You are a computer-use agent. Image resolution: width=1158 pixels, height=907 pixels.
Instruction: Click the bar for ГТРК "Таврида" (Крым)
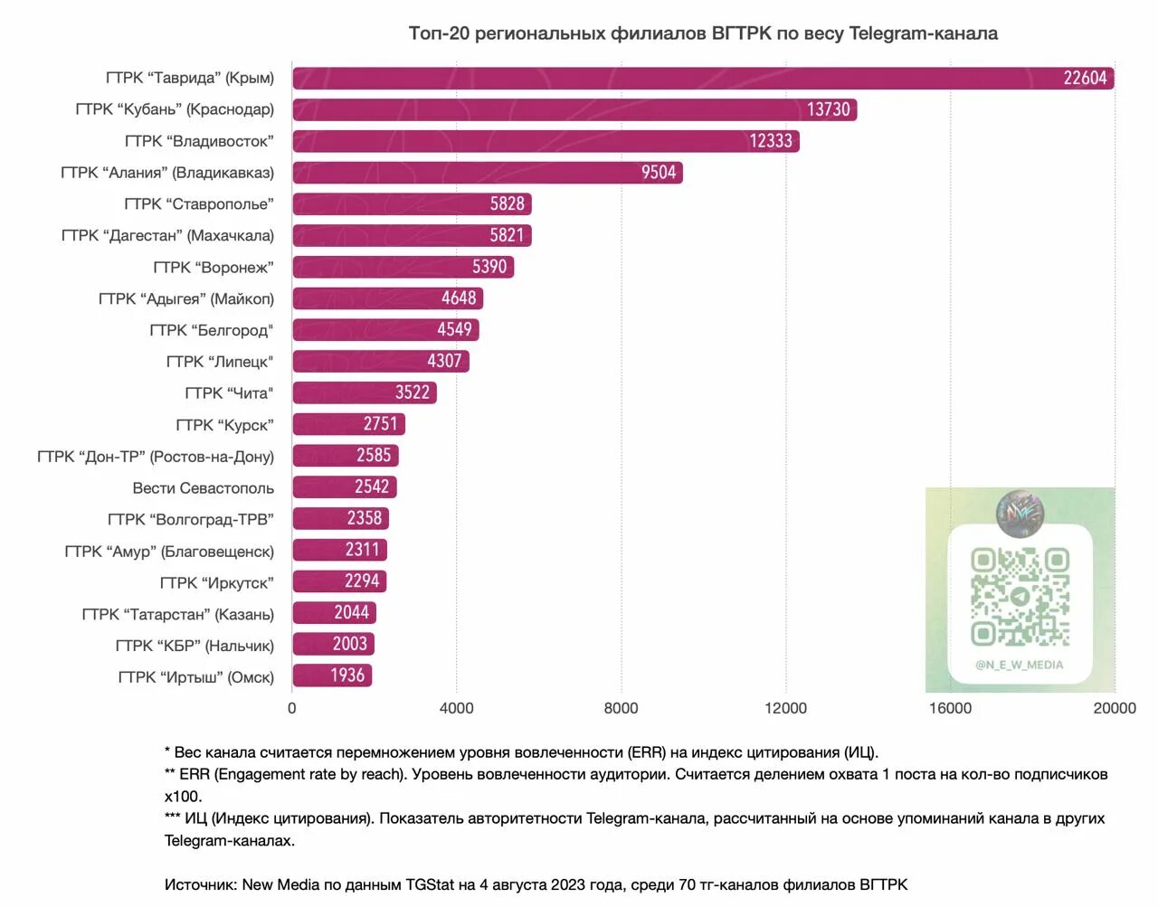click(x=702, y=79)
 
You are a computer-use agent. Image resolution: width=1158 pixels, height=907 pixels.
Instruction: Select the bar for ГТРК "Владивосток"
click(x=546, y=141)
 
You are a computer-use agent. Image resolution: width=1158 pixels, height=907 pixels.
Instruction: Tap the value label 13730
click(x=828, y=109)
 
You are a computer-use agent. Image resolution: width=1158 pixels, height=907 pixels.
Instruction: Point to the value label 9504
click(x=659, y=173)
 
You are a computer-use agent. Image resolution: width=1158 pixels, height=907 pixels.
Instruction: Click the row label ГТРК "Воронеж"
click(x=213, y=268)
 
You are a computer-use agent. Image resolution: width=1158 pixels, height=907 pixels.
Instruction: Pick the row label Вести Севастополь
click(x=203, y=488)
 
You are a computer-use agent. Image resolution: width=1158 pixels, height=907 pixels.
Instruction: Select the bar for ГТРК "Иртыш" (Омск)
click(x=331, y=676)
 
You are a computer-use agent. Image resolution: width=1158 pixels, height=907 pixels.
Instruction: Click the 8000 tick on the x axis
click(x=621, y=708)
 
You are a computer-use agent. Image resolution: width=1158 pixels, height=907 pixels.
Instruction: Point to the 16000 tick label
click(x=950, y=708)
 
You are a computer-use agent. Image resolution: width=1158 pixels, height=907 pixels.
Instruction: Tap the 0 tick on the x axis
click(x=291, y=708)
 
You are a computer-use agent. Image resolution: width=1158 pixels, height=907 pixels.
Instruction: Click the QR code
click(x=1020, y=597)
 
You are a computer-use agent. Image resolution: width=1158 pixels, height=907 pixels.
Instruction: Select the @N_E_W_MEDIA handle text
click(x=1019, y=665)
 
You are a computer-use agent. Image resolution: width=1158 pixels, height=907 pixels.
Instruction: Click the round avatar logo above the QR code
click(x=1020, y=513)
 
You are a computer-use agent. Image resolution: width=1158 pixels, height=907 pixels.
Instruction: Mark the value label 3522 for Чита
click(x=412, y=392)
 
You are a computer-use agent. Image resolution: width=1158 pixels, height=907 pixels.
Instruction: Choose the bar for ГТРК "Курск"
click(x=348, y=424)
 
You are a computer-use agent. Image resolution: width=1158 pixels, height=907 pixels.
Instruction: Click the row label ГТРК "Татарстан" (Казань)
click(x=177, y=615)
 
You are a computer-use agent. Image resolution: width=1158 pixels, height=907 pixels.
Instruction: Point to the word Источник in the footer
click(x=200, y=884)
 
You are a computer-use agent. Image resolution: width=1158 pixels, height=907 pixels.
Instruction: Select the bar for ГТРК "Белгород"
click(x=385, y=330)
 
